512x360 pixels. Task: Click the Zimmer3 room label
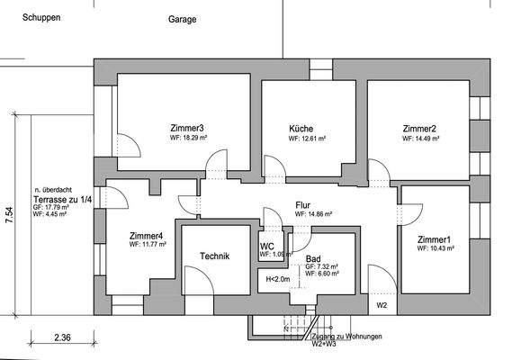tap(186, 128)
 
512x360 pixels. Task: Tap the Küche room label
tap(301, 129)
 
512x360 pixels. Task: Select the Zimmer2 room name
tap(419, 129)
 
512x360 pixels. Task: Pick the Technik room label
tap(215, 256)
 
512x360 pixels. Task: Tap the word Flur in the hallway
tap(303, 205)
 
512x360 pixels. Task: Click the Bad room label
tap(313, 258)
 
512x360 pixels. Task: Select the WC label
tap(267, 246)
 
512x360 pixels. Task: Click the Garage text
tap(182, 19)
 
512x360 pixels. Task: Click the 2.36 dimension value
tap(62, 338)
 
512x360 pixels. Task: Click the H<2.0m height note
tap(279, 279)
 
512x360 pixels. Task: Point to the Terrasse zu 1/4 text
tap(61, 199)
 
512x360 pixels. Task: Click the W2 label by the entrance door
tap(382, 306)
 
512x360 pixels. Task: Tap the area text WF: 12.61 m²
tap(307, 139)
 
